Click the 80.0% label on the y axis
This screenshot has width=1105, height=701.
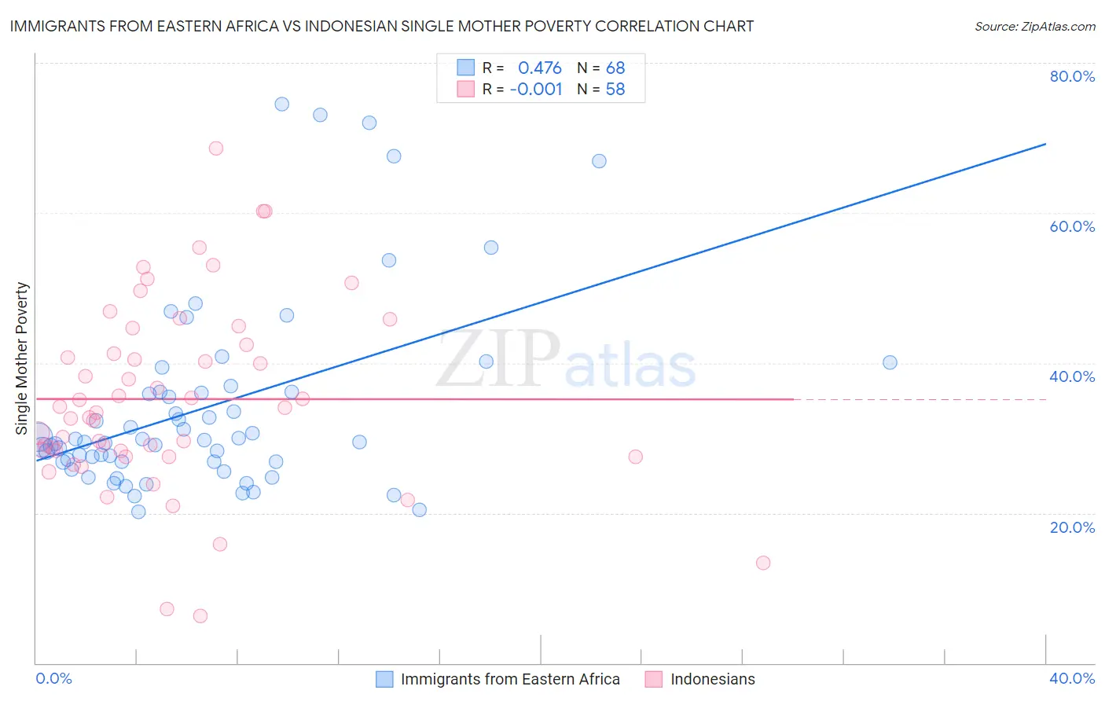tap(1072, 76)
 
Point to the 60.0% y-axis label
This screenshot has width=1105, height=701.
tap(1072, 226)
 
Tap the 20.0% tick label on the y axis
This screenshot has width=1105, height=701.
tap(1072, 527)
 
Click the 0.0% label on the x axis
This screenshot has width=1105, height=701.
tap(54, 678)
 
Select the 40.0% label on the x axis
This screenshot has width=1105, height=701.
tap(1072, 678)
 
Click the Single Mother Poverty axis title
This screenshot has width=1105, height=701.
tap(22, 358)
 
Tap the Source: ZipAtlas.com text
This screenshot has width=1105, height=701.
tap(1034, 26)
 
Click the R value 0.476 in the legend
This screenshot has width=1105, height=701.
tap(539, 68)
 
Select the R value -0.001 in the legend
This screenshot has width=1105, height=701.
tap(536, 90)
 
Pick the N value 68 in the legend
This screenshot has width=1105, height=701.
tap(615, 68)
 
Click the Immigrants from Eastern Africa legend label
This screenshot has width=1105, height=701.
tap(510, 679)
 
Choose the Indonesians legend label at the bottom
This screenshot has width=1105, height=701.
tap(712, 679)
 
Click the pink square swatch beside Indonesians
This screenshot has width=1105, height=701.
tap(653, 679)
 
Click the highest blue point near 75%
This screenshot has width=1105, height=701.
tap(281, 104)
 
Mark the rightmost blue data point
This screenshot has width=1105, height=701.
tap(890, 362)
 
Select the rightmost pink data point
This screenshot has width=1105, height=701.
tap(762, 563)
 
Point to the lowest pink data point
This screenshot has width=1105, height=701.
tap(200, 616)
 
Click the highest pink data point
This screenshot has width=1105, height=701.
tap(216, 149)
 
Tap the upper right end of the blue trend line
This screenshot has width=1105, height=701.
tap(1045, 144)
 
